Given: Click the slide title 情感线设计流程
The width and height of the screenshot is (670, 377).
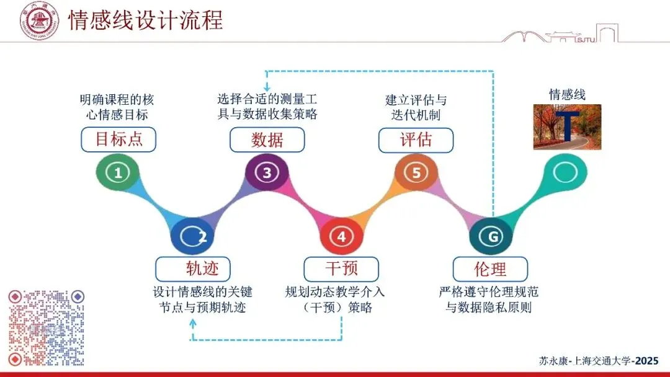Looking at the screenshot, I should (x=145, y=20).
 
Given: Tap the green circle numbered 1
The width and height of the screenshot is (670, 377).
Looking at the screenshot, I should (x=118, y=173).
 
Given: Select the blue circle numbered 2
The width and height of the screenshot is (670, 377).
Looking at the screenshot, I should (x=192, y=236).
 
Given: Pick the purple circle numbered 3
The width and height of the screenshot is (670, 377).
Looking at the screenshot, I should (x=267, y=173).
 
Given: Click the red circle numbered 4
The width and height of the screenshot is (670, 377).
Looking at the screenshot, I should (x=341, y=236).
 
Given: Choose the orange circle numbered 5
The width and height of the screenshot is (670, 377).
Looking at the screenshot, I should (x=416, y=173).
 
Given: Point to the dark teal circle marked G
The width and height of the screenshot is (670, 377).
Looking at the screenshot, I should (x=493, y=236).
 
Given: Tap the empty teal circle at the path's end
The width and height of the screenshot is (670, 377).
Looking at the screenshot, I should (x=566, y=173).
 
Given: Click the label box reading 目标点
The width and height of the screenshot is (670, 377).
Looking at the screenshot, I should (x=118, y=140).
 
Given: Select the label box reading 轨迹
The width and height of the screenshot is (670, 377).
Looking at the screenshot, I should (x=193, y=269).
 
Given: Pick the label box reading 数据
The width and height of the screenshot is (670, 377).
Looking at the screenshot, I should (x=267, y=140).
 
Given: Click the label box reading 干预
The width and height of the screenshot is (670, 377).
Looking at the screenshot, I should (x=341, y=269).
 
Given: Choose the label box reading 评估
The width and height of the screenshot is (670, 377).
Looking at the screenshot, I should (x=416, y=140).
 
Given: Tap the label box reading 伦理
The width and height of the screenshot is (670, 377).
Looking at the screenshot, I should (x=491, y=269).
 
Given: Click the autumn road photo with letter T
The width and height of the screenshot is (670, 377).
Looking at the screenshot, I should (x=567, y=127).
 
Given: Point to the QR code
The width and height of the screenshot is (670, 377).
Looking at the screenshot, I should (x=46, y=327).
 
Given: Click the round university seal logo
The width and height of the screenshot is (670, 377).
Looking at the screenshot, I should (x=40, y=20).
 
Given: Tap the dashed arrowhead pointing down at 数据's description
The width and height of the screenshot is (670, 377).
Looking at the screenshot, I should (x=267, y=87).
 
